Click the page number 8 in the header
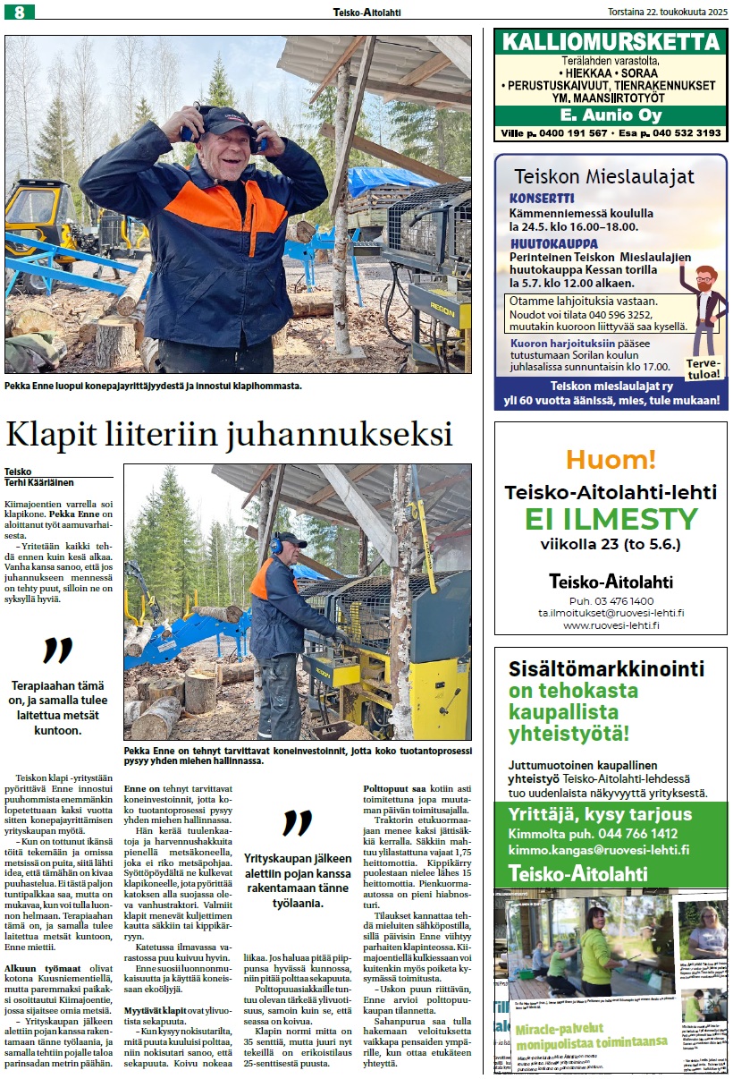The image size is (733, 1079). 18,12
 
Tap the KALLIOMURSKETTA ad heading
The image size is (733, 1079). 611,41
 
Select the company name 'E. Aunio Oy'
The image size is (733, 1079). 611,115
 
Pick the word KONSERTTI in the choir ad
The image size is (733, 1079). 542,199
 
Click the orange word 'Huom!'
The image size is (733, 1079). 611,460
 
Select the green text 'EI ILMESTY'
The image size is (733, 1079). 611,519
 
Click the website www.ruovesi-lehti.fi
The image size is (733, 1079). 611,625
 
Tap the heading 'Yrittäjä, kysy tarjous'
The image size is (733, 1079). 600,814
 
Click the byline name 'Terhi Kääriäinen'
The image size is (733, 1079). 39,482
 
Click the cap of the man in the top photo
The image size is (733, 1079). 227,117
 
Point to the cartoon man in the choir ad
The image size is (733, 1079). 706,304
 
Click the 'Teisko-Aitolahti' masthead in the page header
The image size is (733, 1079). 366,11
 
